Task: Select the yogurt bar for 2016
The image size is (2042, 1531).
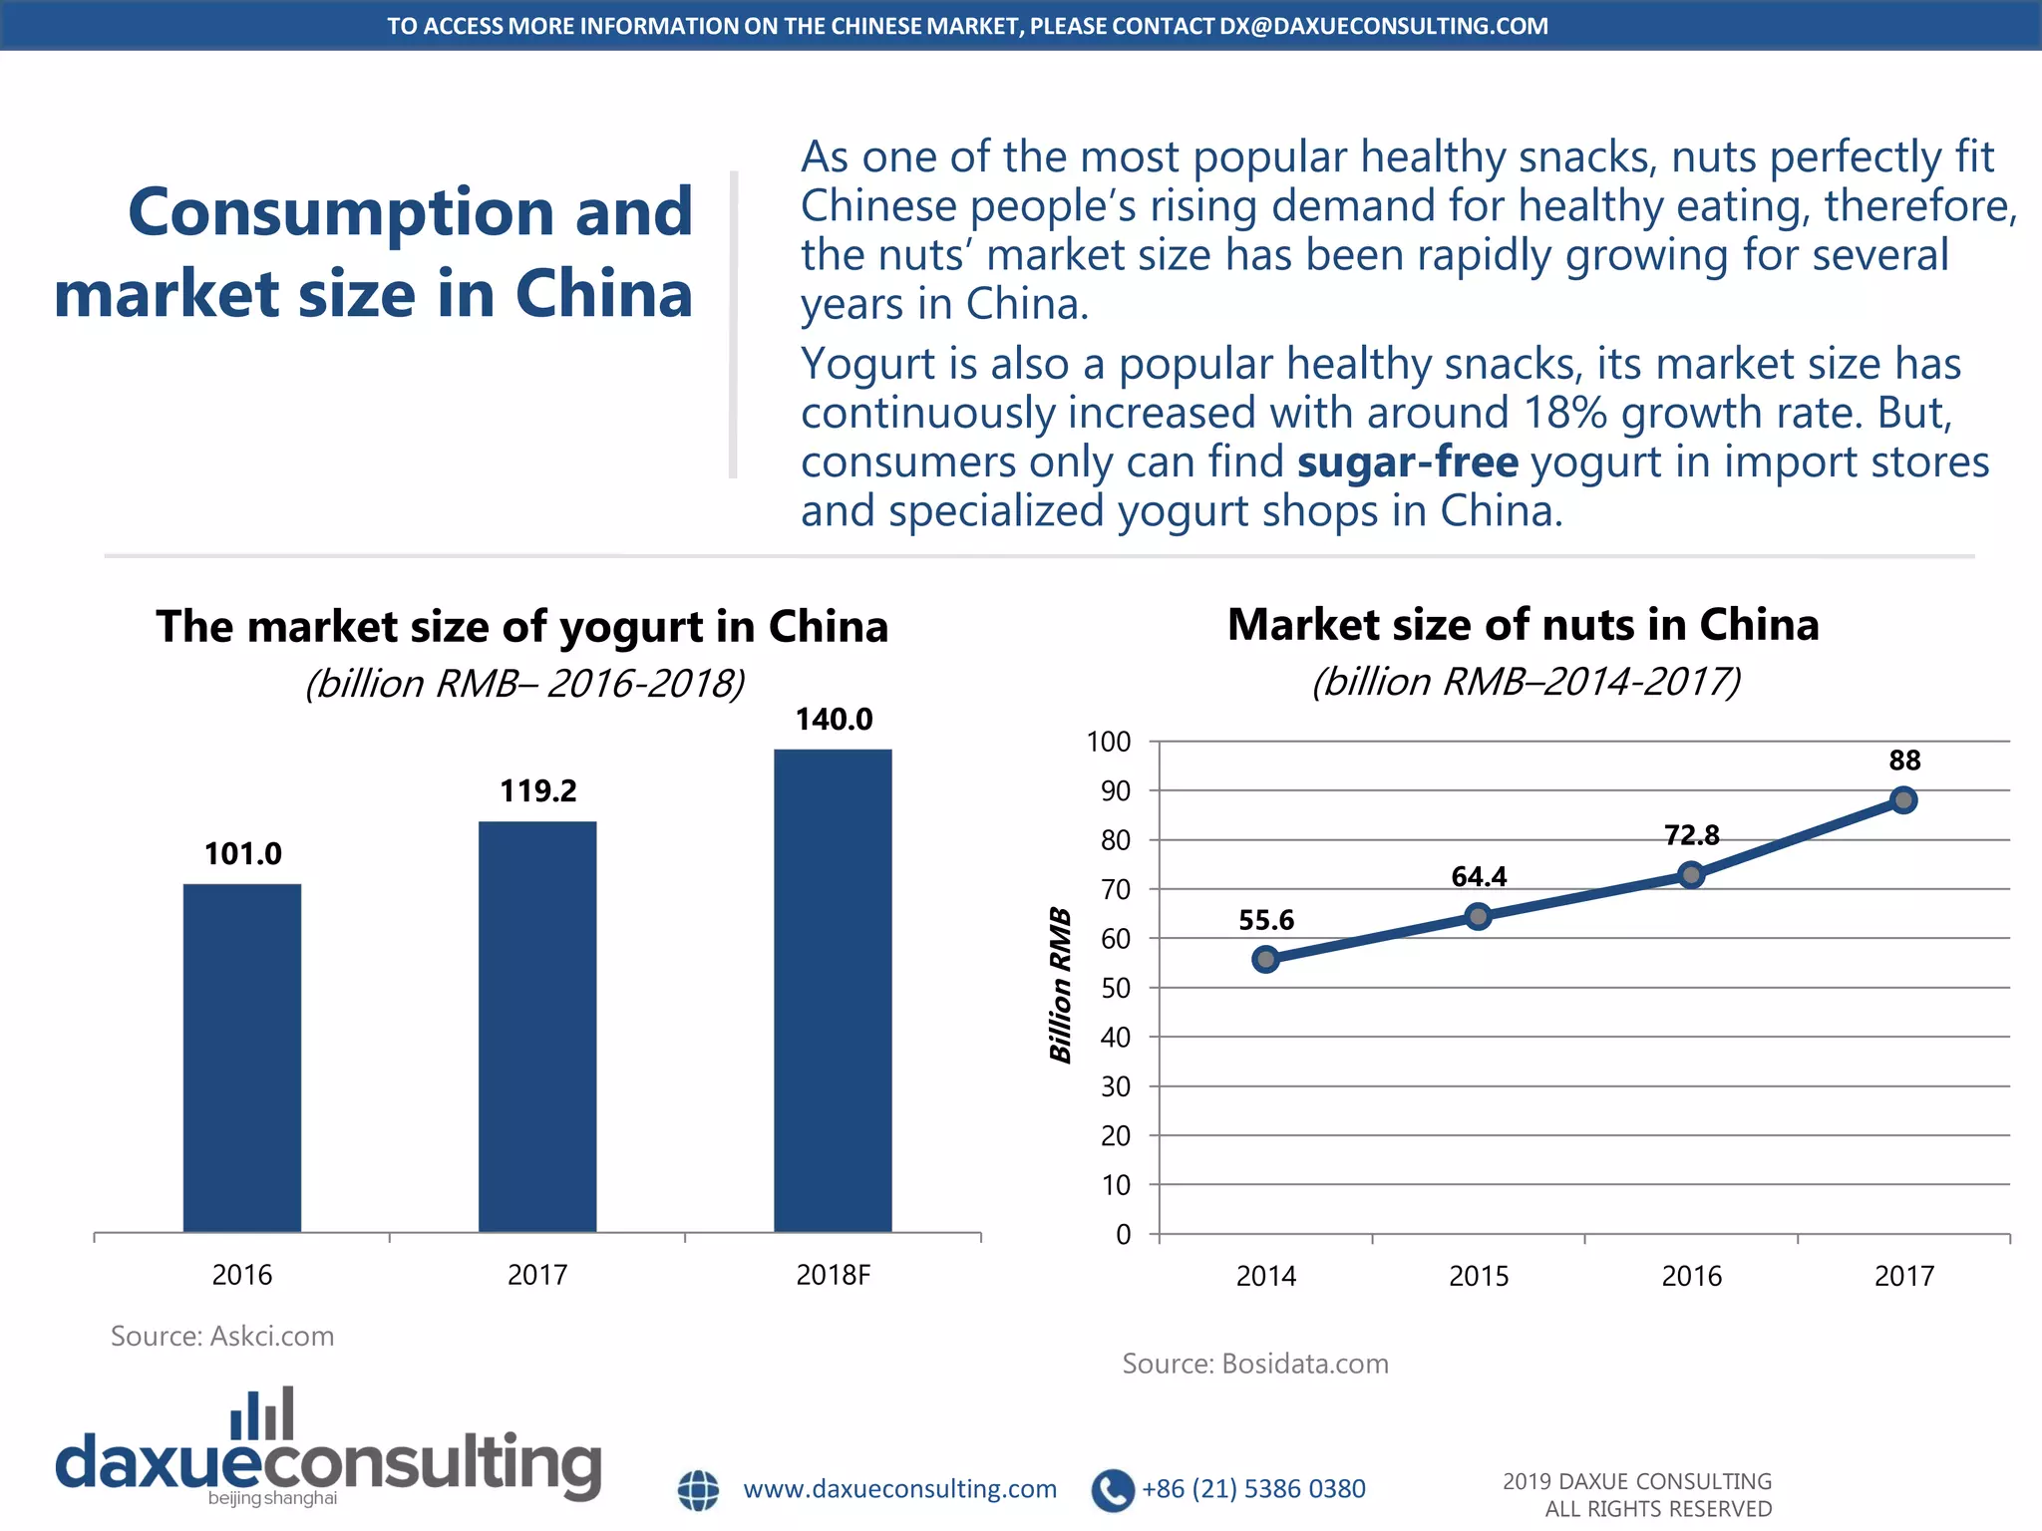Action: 242,1057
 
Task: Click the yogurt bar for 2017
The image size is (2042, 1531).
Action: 537,1027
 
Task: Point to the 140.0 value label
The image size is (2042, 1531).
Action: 834,720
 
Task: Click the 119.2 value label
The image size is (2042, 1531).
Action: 537,791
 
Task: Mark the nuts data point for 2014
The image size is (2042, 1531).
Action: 1265,960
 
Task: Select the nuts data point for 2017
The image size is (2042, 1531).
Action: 1903,800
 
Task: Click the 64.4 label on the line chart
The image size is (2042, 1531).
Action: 1479,877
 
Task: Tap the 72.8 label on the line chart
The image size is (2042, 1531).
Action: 1692,835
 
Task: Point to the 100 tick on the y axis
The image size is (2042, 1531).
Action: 1109,743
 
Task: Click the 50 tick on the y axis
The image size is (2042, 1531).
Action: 1116,988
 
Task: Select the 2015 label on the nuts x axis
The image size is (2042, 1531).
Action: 1479,1277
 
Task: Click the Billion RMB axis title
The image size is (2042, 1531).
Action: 1060,986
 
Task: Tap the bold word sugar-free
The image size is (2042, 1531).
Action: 1407,462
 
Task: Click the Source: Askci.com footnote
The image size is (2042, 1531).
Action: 222,1337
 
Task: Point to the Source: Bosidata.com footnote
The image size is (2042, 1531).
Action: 1255,1364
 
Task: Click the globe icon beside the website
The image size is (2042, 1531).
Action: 698,1490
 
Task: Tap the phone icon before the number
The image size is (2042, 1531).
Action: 1113,1490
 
